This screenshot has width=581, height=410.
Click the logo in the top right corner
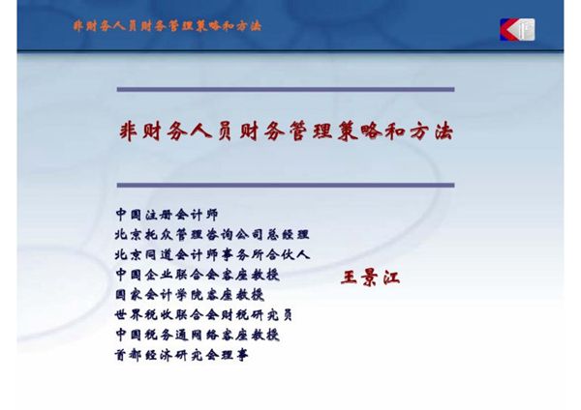[x=517, y=29]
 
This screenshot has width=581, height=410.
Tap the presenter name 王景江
[x=370, y=278]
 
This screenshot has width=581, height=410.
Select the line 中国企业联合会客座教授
[x=196, y=275]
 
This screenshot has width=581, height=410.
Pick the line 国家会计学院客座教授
[x=189, y=294]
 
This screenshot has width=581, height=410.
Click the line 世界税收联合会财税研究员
[x=203, y=314]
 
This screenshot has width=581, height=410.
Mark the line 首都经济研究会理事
[x=181, y=355]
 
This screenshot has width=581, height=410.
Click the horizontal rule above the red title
[x=285, y=90]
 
